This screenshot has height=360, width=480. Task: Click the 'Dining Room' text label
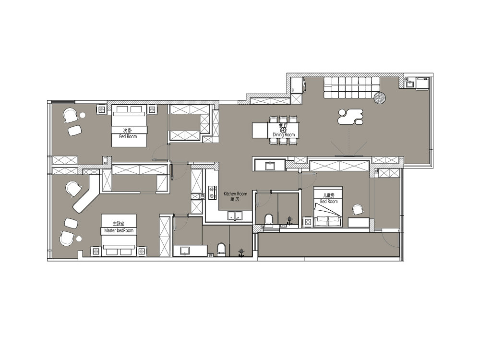click(x=284, y=135)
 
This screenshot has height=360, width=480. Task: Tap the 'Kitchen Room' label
click(x=235, y=194)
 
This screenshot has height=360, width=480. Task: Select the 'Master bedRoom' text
click(x=119, y=230)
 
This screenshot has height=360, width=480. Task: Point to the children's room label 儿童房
click(x=328, y=195)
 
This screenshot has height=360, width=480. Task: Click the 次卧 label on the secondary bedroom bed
click(x=128, y=131)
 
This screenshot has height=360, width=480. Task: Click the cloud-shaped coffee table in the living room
click(x=350, y=117)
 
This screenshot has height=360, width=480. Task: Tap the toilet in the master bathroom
click(x=221, y=249)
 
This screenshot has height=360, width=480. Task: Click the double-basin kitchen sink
click(x=235, y=216)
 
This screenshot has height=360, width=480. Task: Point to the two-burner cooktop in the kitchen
click(x=212, y=192)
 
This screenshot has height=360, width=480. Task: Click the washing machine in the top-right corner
click(x=423, y=83)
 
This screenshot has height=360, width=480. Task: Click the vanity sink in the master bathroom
click(x=185, y=251)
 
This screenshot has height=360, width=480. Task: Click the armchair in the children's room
click(x=357, y=209)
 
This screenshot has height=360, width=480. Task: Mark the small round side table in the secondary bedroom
click(x=82, y=115)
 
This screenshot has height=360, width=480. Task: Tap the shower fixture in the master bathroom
click(x=242, y=252)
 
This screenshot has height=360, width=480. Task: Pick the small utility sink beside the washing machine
click(x=410, y=83)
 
